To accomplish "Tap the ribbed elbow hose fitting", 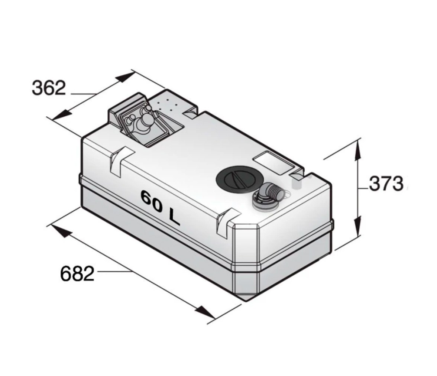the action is click(x=271, y=191).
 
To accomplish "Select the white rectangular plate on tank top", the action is click(x=273, y=163).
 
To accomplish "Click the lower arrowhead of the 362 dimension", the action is click(x=62, y=114).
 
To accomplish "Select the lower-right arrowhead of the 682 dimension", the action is click(x=205, y=311).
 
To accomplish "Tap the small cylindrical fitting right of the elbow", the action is click(x=296, y=182).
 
